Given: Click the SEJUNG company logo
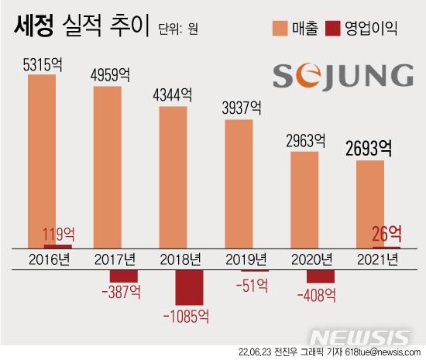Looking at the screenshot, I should click(x=343, y=76).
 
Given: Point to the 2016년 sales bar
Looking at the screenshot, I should click(x=41, y=159).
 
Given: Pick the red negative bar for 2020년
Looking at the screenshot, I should click(x=320, y=275).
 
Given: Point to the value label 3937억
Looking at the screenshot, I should click(x=239, y=109).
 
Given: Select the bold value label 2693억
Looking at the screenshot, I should click(x=369, y=148).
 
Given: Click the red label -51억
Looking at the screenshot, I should click(x=250, y=284).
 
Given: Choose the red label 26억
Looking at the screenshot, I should click(x=386, y=232).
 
